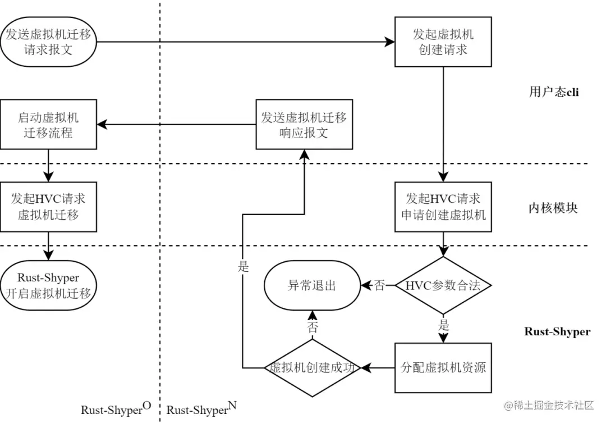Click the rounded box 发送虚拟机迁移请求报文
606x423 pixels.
(49, 42)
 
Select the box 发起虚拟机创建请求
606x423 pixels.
(443, 42)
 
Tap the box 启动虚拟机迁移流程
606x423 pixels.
(48, 125)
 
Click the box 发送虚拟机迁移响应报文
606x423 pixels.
(304, 125)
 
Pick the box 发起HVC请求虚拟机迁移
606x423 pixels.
(48, 207)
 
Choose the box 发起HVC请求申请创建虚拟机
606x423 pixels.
(443, 207)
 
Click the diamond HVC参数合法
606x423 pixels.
(443, 285)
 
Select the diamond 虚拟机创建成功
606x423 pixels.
(313, 368)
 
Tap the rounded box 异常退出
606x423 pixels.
(312, 285)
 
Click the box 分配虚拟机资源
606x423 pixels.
(443, 368)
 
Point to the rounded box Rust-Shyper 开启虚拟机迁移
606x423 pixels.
(48, 285)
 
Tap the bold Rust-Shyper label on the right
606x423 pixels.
(557, 331)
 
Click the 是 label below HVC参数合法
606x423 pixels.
(444, 325)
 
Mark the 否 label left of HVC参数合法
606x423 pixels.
(380, 285)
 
